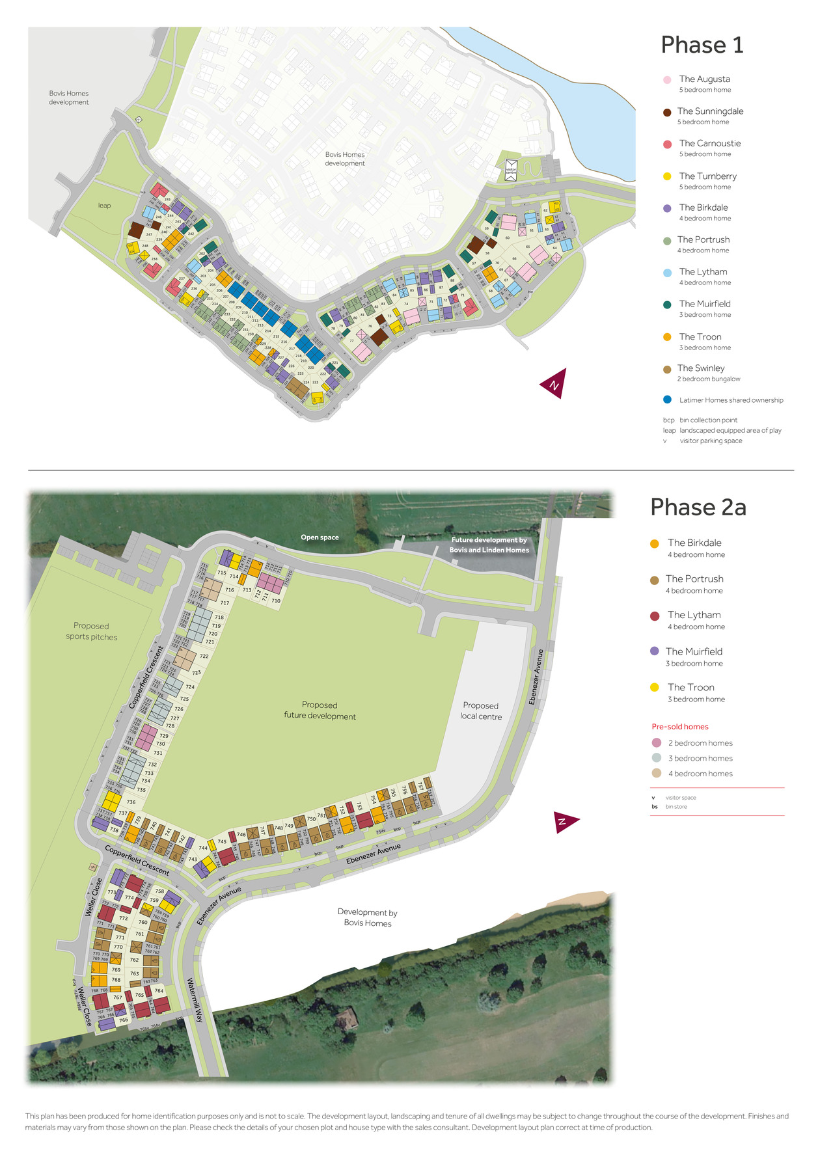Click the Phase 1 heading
pos(702,45)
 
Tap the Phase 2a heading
pos(698,507)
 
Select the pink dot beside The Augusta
pos(667,80)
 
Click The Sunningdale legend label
pos(710,111)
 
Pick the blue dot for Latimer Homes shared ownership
pos(667,400)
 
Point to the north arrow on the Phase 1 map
pos(554,384)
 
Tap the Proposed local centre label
pos(481,711)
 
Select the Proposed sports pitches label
pos(91,631)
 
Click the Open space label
pos(320,537)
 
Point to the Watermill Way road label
pos(195,1000)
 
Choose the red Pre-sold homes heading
pos(679,727)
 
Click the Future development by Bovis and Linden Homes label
pos(489,545)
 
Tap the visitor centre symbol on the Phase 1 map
pos(511,170)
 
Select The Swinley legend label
pos(700,368)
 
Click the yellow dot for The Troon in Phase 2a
pos(655,687)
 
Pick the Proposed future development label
pos(320,711)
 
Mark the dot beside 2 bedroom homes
pos(657,743)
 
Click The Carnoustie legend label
pos(709,144)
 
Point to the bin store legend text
pos(676,807)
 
